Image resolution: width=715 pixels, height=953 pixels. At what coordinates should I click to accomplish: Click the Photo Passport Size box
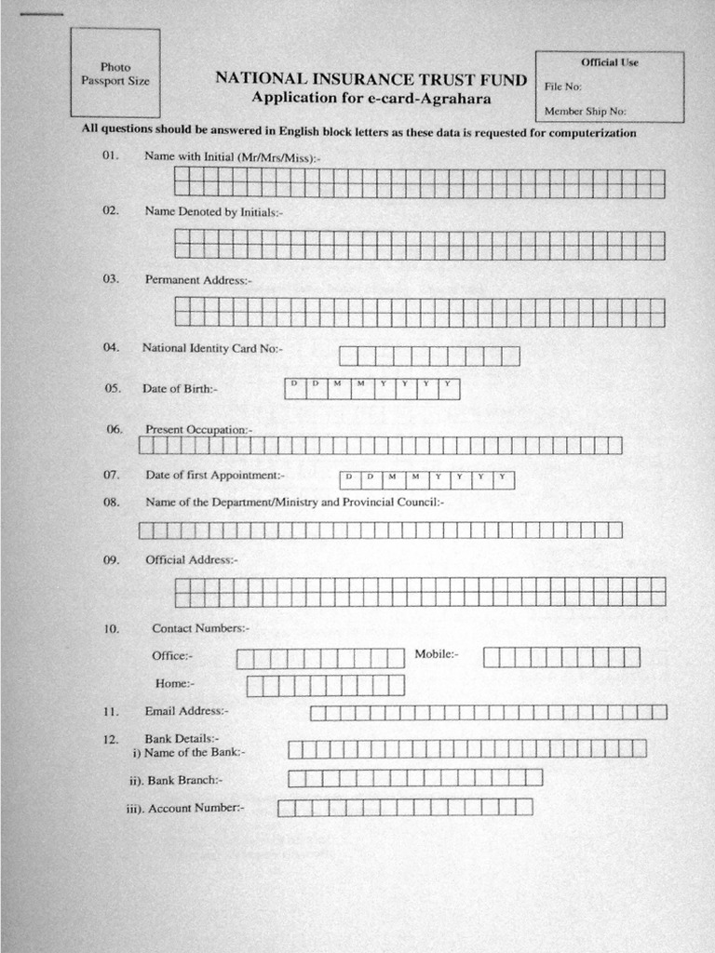tap(115, 74)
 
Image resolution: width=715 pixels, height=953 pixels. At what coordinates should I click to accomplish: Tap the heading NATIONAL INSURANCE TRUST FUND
tap(371, 79)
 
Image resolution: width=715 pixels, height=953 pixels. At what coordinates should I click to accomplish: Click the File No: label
tap(562, 87)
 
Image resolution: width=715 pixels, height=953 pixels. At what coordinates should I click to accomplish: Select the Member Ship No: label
tap(585, 111)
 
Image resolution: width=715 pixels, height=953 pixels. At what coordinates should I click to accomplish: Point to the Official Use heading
tap(610, 62)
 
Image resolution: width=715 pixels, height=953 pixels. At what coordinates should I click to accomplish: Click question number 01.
tap(111, 156)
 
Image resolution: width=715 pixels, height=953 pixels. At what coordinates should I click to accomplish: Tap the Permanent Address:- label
tap(197, 279)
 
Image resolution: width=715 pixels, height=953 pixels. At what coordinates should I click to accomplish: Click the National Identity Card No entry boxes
tap(429, 356)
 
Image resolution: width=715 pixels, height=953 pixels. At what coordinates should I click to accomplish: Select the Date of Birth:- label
tap(180, 388)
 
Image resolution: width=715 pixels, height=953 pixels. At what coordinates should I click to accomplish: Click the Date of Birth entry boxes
tap(371, 388)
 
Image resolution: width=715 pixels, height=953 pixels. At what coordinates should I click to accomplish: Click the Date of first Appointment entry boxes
tap(426, 479)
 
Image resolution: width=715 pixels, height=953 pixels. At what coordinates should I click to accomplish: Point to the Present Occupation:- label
tap(197, 430)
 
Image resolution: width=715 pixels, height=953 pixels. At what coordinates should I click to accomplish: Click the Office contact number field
tap(320, 659)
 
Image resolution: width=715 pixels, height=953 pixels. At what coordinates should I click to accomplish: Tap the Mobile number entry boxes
tap(561, 657)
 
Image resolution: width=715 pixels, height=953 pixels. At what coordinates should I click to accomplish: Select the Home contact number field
tap(325, 686)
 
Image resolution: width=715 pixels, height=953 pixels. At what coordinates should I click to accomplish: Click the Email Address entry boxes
tap(488, 713)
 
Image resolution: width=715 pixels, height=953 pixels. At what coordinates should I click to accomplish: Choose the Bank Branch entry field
tap(415, 778)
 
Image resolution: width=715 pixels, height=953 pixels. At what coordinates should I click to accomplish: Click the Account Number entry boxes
tap(405, 807)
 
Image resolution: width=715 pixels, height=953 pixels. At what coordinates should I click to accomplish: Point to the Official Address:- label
tap(191, 560)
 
